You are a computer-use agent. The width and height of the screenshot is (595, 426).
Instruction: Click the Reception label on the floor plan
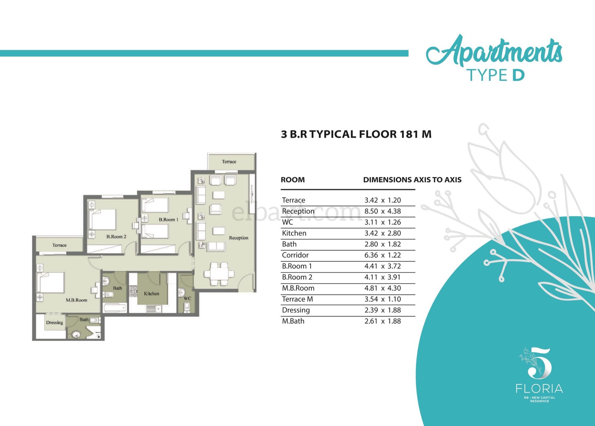coord(238,238)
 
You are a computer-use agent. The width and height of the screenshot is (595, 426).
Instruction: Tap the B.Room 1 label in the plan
coord(168,220)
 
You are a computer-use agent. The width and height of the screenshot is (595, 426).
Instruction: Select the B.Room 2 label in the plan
coord(116,237)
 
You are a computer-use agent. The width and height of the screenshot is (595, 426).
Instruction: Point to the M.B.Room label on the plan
coord(76,300)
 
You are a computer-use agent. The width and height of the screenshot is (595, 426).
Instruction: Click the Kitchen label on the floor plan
coord(151,294)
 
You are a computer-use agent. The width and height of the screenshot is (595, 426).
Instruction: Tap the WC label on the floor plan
coord(187,298)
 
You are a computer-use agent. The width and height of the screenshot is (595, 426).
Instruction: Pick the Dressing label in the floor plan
coord(54,323)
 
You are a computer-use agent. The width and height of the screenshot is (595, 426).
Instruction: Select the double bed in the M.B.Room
coord(51,282)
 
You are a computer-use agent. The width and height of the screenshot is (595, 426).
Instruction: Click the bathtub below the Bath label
coord(115,308)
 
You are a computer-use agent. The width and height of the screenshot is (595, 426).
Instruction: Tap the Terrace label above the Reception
coord(229,162)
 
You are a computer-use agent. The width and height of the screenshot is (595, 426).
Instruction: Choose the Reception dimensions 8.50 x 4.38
coord(383,211)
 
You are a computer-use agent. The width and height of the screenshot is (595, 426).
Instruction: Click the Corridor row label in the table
coord(295,255)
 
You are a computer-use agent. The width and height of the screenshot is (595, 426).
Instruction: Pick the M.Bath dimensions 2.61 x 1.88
coord(383,321)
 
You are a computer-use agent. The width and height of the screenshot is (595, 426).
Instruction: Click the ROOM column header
coord(293,180)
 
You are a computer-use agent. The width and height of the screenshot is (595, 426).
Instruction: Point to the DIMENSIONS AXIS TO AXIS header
coord(412,180)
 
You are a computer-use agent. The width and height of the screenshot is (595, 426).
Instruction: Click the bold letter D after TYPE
coord(518,75)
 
